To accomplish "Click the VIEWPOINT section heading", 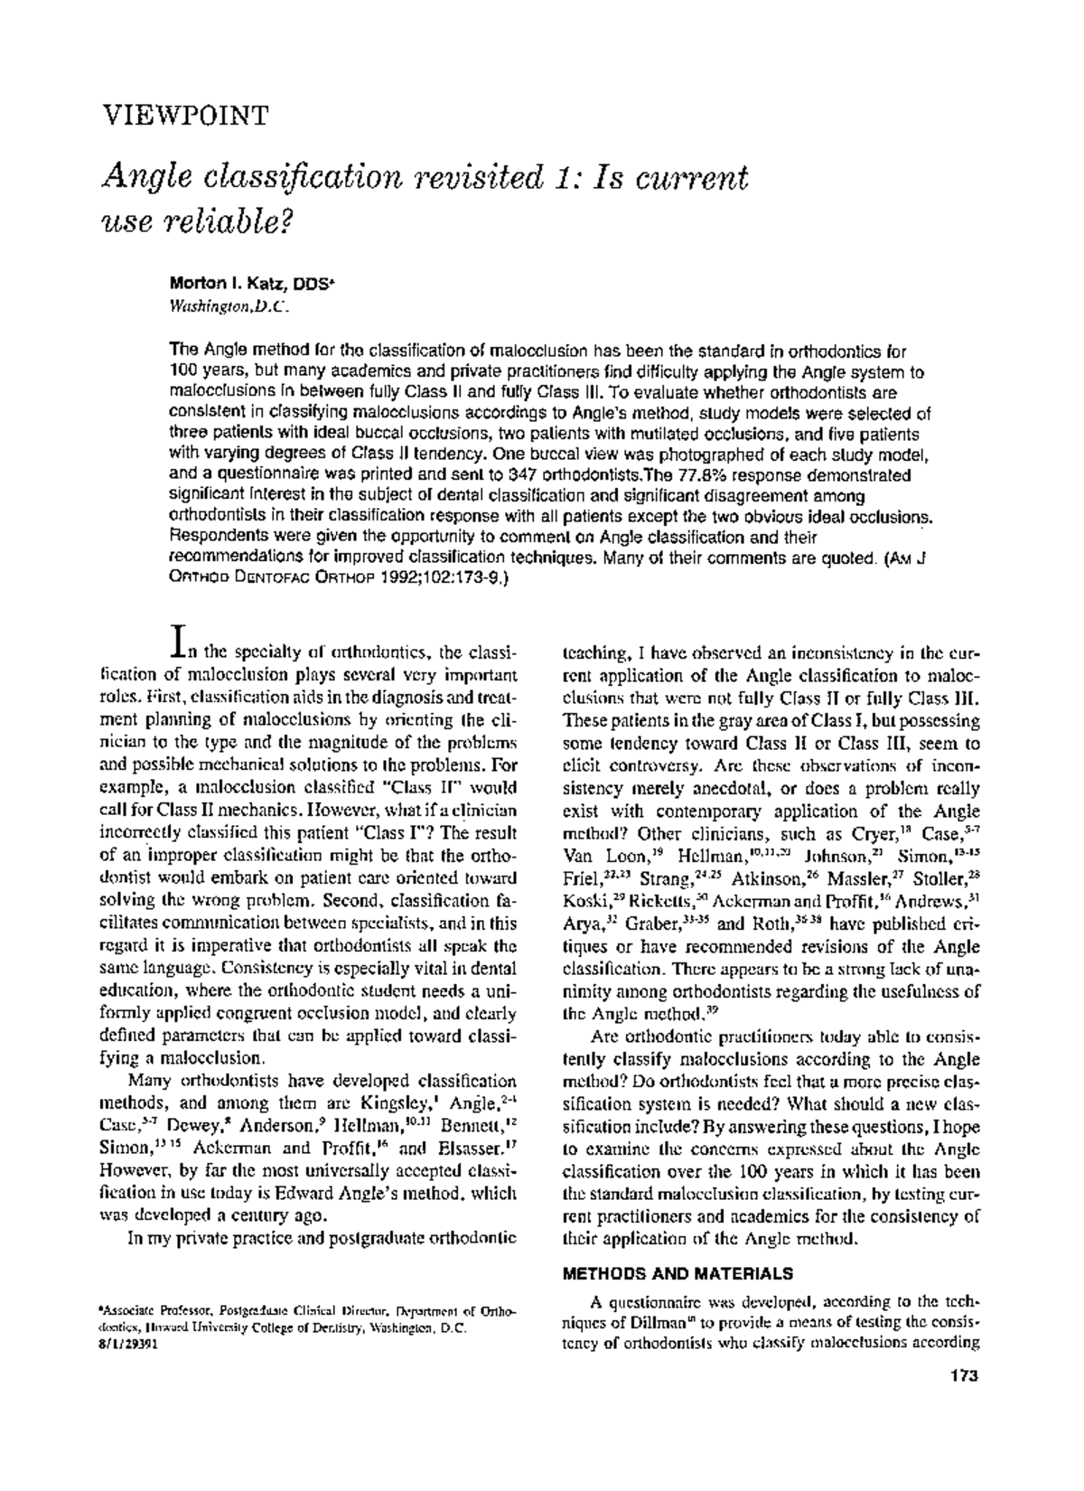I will (184, 116).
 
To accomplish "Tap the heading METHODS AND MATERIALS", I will (677, 1274).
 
